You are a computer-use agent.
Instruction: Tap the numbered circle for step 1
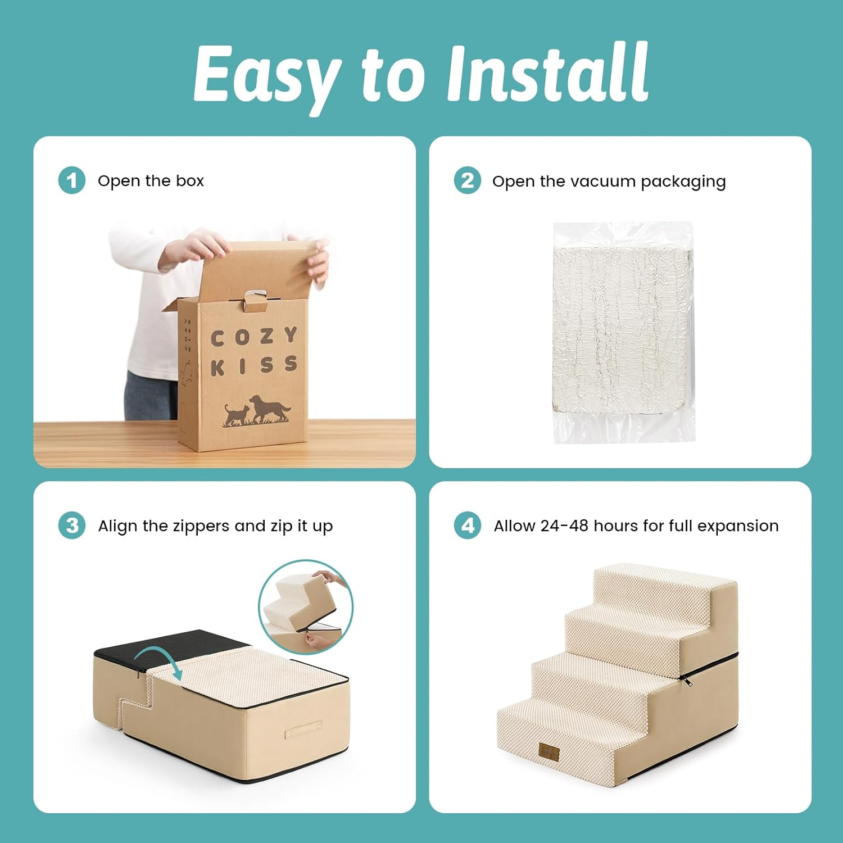(x=72, y=180)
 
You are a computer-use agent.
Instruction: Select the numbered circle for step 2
(x=468, y=180)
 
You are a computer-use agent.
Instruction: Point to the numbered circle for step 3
(x=72, y=525)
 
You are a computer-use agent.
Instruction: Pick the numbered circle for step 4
(x=468, y=525)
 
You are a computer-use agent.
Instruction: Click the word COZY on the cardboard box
(x=253, y=337)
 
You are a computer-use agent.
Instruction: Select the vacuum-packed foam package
(x=623, y=332)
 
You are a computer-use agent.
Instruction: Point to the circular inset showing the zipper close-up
(x=306, y=607)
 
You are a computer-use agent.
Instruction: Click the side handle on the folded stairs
(x=303, y=732)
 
